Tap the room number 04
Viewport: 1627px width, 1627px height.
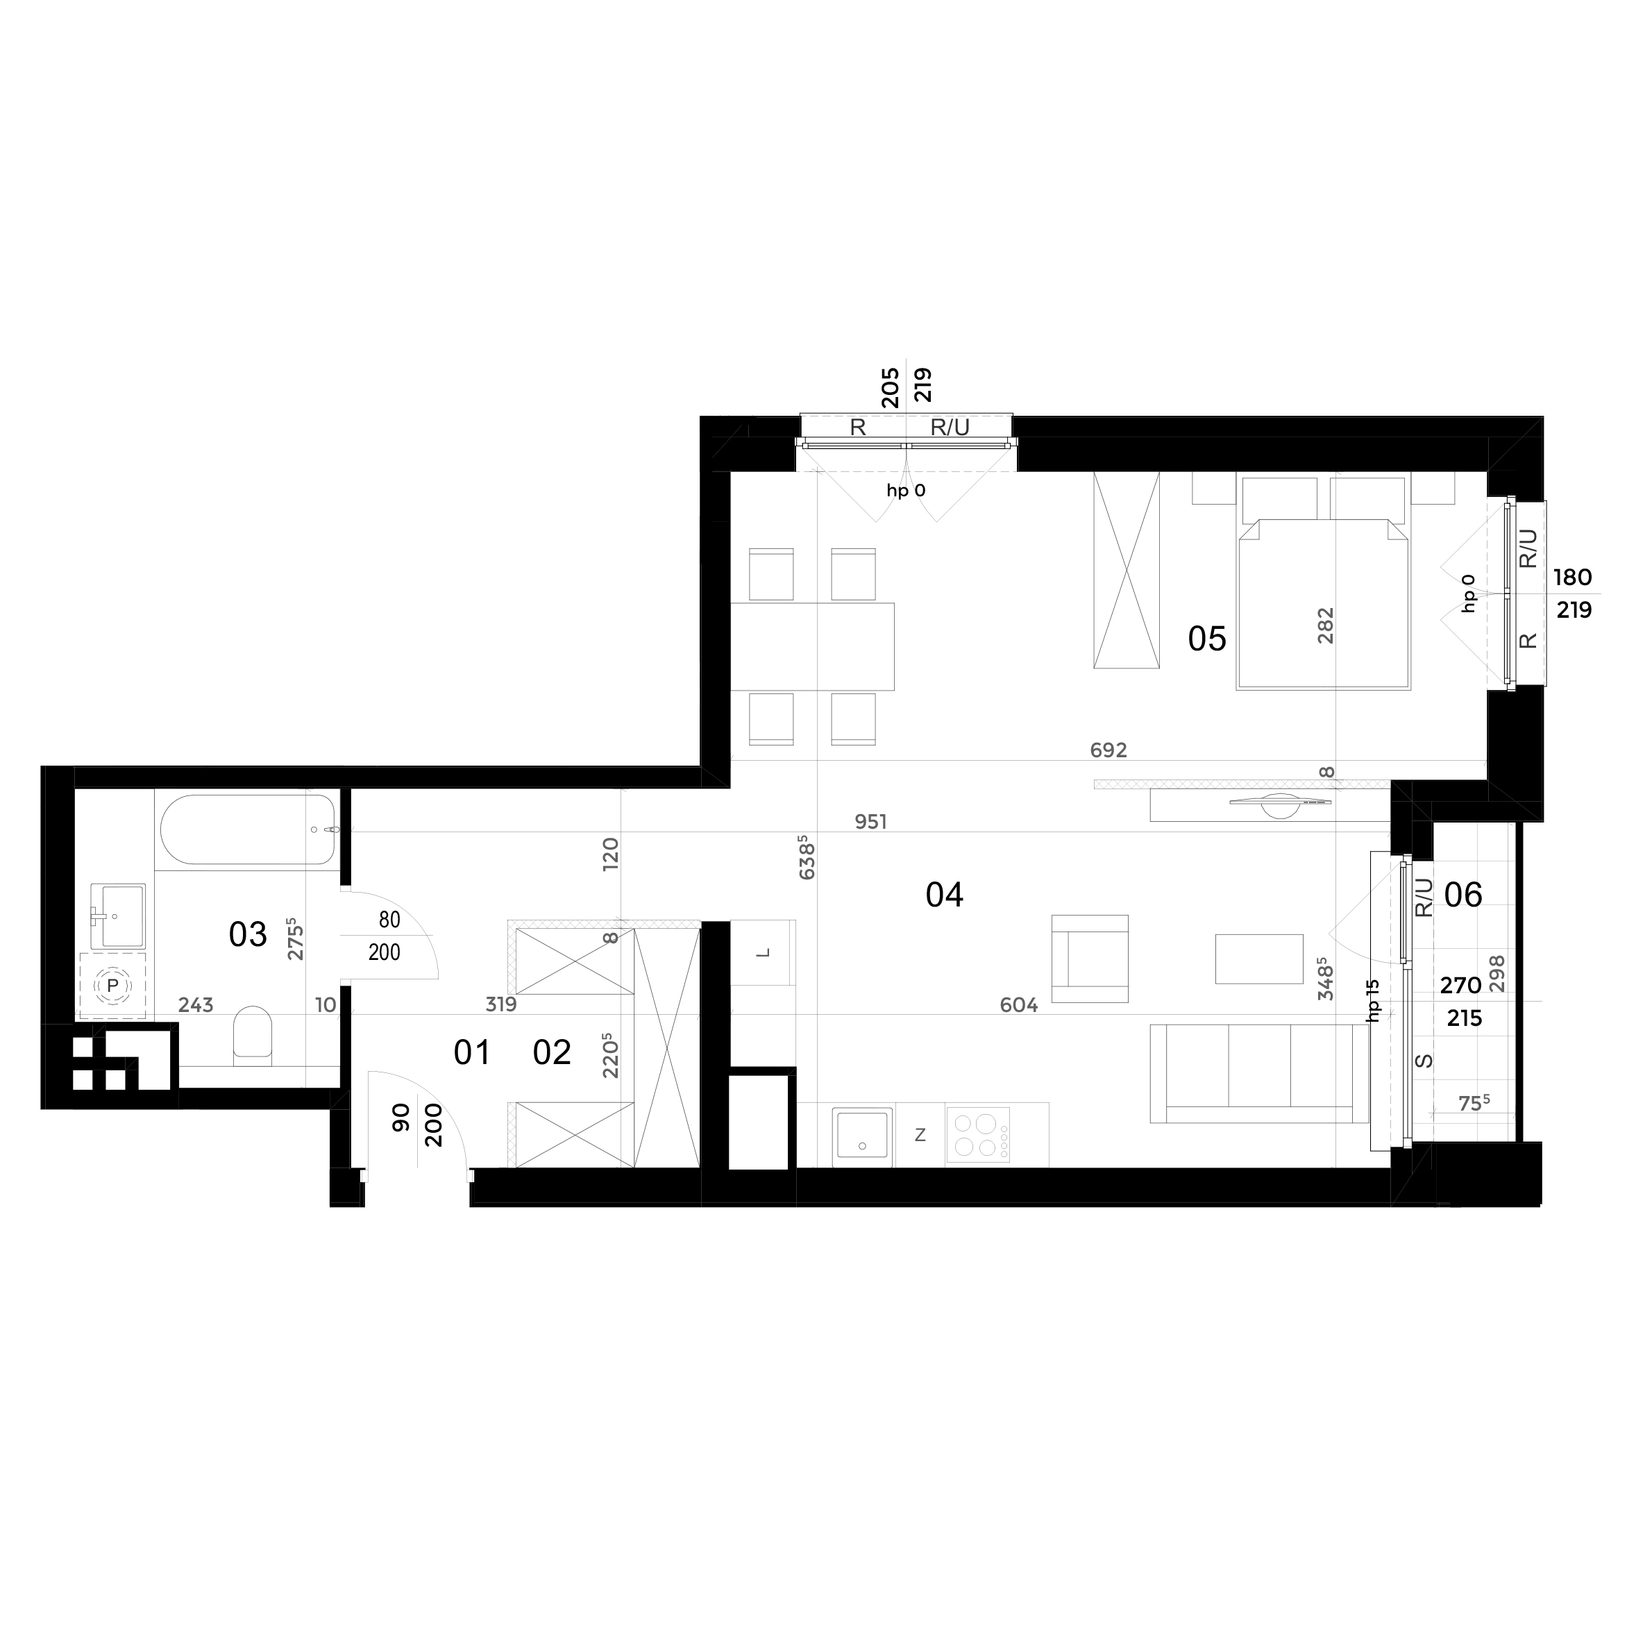pyautogui.click(x=944, y=894)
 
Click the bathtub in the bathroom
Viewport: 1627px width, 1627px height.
pyautogui.click(x=248, y=829)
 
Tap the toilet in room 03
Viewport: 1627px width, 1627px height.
pyautogui.click(x=252, y=1035)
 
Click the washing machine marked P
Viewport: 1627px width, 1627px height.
pyautogui.click(x=112, y=986)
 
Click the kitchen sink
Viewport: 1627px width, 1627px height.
pyautogui.click(x=861, y=1136)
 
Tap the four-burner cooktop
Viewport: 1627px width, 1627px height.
pyautogui.click(x=978, y=1134)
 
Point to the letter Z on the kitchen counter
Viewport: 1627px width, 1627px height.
pyautogui.click(x=920, y=1135)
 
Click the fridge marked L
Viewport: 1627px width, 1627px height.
pyautogui.click(x=763, y=952)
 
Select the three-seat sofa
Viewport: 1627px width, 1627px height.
pyautogui.click(x=1259, y=1074)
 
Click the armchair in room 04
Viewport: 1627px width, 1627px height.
pyautogui.click(x=1090, y=959)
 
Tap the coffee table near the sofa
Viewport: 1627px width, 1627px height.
pyautogui.click(x=1259, y=959)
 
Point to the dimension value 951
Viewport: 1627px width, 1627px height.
pyautogui.click(x=871, y=821)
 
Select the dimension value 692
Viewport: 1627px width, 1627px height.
pyautogui.click(x=1108, y=750)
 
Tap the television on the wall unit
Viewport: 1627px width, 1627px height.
pyautogui.click(x=1279, y=803)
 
